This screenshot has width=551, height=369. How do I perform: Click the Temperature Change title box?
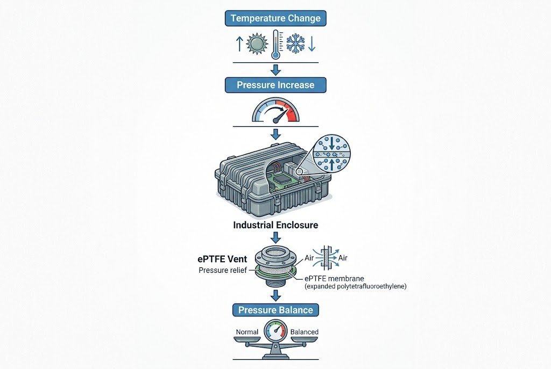pyautogui.click(x=275, y=18)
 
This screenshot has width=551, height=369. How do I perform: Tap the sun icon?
pyautogui.click(x=257, y=44)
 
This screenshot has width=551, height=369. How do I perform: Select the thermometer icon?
pyautogui.click(x=277, y=45)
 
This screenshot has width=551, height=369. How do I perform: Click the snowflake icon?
pyautogui.click(x=295, y=44)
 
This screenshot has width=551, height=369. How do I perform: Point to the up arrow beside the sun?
pyautogui.click(x=239, y=44)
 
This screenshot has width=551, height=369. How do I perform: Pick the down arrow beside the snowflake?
pyautogui.click(x=312, y=44)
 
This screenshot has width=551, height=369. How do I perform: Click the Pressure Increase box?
pyautogui.click(x=275, y=85)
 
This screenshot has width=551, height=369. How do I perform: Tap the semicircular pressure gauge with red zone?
pyautogui.click(x=276, y=110)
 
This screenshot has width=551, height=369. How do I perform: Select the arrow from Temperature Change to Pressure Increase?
pyautogui.click(x=276, y=70)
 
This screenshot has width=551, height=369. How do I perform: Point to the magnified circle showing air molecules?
pyautogui.click(x=331, y=154)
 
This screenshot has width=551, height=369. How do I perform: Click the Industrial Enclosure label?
pyautogui.click(x=275, y=225)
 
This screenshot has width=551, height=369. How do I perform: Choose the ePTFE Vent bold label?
pyautogui.click(x=222, y=259)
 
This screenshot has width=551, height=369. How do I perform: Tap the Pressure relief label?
pyautogui.click(x=223, y=270)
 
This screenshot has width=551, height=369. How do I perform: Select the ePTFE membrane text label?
pyautogui.click(x=335, y=279)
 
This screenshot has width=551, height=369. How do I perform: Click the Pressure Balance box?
pyautogui.click(x=275, y=310)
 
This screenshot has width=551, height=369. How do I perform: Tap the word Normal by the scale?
pyautogui.click(x=247, y=332)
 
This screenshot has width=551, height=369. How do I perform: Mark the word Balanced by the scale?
pyautogui.click(x=305, y=332)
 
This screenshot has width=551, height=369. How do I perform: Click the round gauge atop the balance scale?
pyautogui.click(x=276, y=330)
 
